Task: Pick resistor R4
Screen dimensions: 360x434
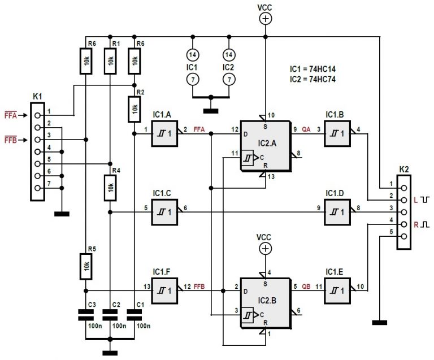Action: (110, 188)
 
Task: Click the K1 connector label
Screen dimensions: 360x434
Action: (37, 97)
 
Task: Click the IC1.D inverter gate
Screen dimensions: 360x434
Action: (338, 212)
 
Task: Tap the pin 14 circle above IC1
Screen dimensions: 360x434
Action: (193, 55)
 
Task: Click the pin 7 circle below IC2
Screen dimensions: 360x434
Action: (229, 80)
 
